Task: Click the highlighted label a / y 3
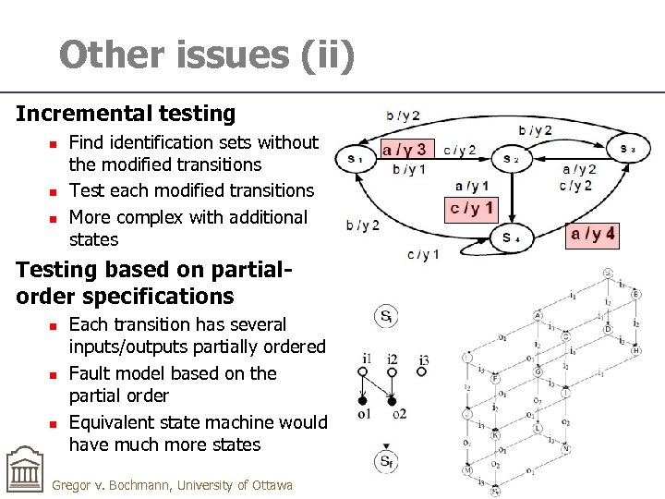tap(405, 149)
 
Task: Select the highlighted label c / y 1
tap(471, 208)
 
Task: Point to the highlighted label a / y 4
tap(592, 235)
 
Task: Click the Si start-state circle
tap(387, 317)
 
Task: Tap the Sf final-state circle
tap(387, 461)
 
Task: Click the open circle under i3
tap(421, 372)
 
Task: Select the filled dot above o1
tap(363, 401)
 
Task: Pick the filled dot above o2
tap(392, 401)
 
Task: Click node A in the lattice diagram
tap(538, 315)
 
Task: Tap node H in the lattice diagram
tap(636, 350)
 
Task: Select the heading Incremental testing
tap(126, 114)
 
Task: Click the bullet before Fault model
tap(54, 374)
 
